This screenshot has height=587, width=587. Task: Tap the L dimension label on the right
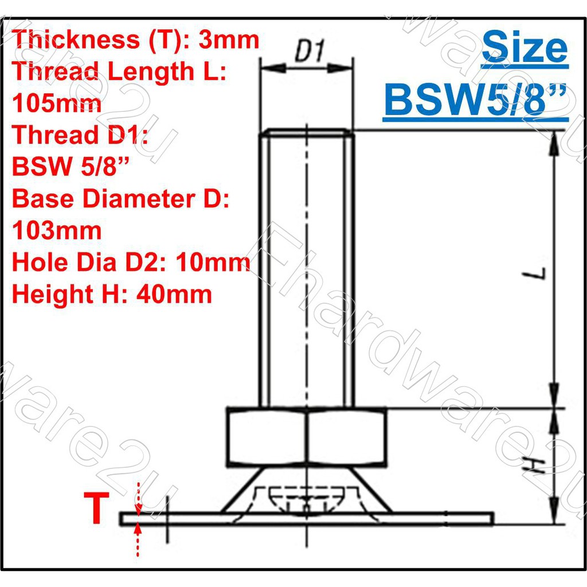pyautogui.click(x=535, y=273)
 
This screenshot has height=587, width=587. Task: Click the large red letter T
pyautogui.click(x=96, y=508)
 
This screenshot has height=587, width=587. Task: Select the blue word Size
pyautogui.click(x=525, y=48)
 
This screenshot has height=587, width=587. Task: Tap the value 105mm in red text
pyautogui.click(x=57, y=103)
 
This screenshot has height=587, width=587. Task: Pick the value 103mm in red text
pyautogui.click(x=57, y=230)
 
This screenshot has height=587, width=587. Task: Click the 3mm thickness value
pyautogui.click(x=228, y=40)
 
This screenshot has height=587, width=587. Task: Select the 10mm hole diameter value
pyautogui.click(x=213, y=262)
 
